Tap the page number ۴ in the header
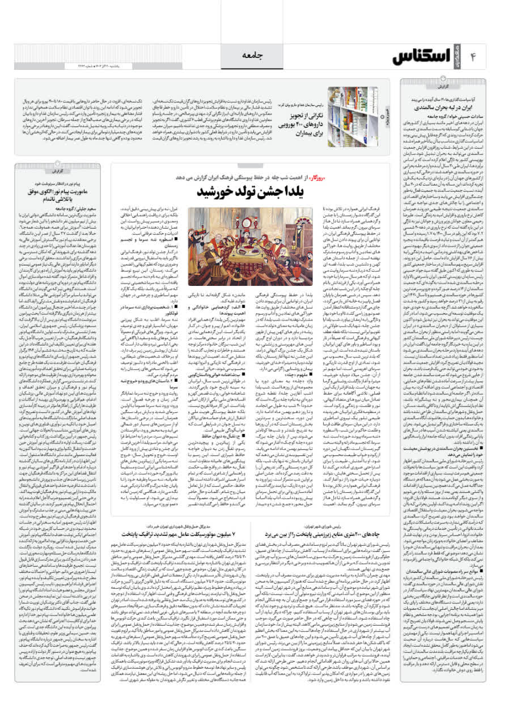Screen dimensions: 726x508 point(487,56)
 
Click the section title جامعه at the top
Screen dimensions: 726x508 point(253,54)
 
